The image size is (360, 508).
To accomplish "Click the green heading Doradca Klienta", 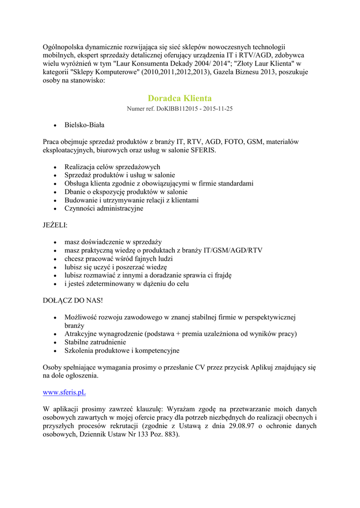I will [179, 98].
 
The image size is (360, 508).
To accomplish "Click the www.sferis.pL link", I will [64, 392].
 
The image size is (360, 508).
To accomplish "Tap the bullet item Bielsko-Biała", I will [84, 125].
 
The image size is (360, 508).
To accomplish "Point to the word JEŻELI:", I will [55, 225].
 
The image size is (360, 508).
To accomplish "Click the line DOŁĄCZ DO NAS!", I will [72, 301].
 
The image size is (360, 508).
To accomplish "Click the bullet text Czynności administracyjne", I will [104, 208].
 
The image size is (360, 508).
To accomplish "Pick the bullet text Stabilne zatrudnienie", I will [95, 342].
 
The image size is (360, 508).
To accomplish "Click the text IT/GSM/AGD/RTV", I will [233, 251].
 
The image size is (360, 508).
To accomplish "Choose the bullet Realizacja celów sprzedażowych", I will [112, 167].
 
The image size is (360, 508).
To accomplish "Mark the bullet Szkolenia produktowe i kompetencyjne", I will [122, 351].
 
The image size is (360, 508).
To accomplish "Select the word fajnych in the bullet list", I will [144, 259].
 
